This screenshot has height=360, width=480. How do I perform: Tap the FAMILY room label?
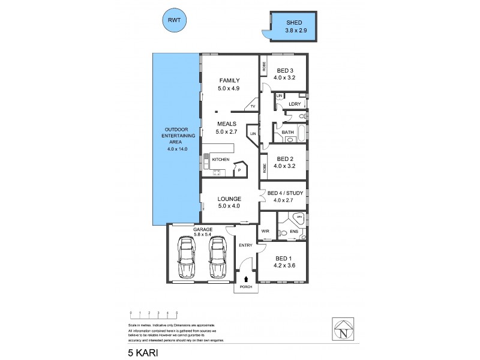click(x=229, y=80)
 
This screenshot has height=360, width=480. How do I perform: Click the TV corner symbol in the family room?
click(x=253, y=106)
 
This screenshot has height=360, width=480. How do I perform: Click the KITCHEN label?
click(x=221, y=159)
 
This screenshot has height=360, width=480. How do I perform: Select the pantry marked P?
click(x=239, y=170)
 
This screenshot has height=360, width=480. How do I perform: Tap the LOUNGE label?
click(x=229, y=199)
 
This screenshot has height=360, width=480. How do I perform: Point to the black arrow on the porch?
click(x=245, y=279)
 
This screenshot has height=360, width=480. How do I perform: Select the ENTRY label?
click(x=245, y=245)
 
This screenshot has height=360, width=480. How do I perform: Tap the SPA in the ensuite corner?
click(x=299, y=218)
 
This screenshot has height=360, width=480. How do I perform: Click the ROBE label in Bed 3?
click(x=264, y=67)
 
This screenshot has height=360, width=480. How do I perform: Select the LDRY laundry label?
click(x=294, y=104)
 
